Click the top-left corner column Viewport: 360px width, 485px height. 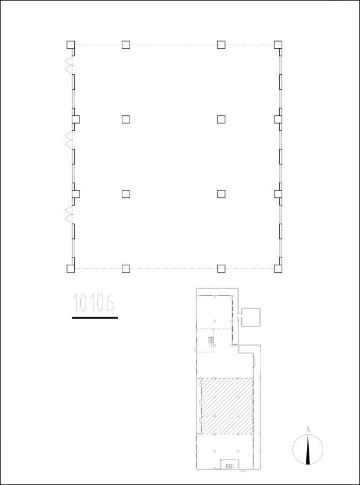(x=71, y=44)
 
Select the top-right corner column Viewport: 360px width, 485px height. (x=278, y=44)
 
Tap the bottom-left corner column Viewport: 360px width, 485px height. (x=71, y=268)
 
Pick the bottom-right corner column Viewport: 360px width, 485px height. (x=278, y=268)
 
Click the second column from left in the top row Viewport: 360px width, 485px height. (x=125, y=44)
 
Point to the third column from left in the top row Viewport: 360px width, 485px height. (x=221, y=44)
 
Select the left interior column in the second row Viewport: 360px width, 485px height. (x=125, y=119)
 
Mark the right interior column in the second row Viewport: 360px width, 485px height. (x=221, y=119)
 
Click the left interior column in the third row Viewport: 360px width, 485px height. (x=125, y=194)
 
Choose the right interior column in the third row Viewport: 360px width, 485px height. (x=221, y=194)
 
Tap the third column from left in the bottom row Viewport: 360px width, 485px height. (x=221, y=268)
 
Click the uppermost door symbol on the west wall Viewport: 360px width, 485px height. (x=69, y=65)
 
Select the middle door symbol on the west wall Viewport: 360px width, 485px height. (x=69, y=140)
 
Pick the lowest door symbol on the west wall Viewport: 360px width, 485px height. (x=69, y=215)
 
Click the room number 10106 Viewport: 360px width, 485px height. (x=94, y=303)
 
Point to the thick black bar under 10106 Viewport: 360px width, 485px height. (x=95, y=317)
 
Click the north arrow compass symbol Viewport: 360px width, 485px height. (x=308, y=449)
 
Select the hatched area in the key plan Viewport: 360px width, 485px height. (x=226, y=406)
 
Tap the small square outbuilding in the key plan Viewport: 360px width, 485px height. (x=250, y=316)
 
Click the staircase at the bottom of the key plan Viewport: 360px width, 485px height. (x=229, y=464)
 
